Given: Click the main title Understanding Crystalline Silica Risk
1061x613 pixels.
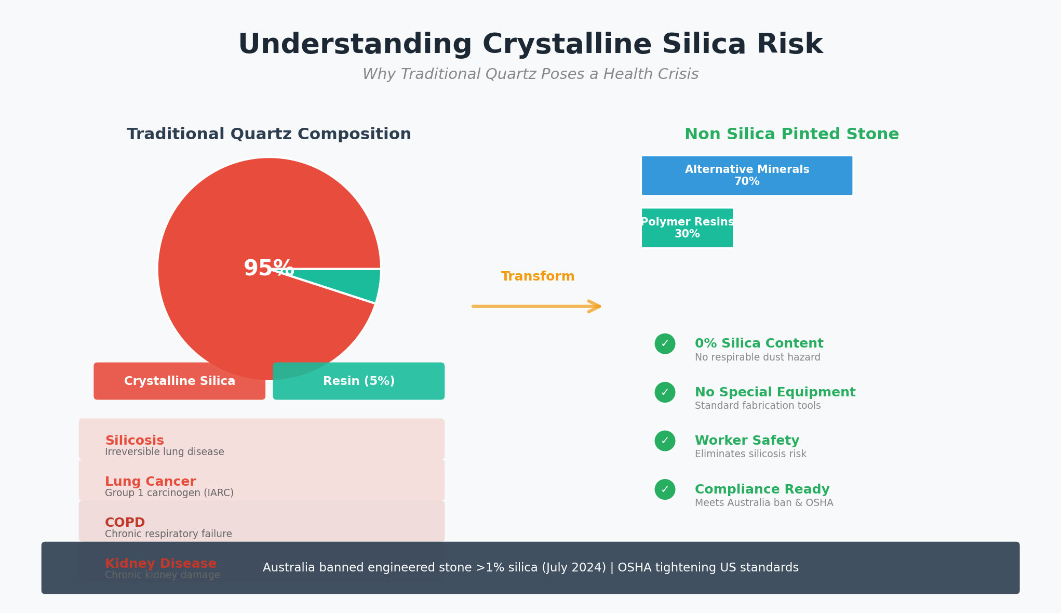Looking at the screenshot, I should tap(530, 45).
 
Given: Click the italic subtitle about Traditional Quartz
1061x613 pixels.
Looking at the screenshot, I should tap(530, 74).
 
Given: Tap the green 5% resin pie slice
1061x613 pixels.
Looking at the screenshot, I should tap(358, 283).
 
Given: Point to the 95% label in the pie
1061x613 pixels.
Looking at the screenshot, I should tap(268, 269).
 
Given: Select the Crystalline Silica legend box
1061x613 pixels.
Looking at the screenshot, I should tap(179, 381).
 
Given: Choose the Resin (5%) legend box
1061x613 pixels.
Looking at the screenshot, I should tap(358, 381).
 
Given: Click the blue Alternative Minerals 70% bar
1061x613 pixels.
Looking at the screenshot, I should tap(747, 176).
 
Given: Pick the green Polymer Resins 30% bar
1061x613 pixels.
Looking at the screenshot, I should tap(687, 228).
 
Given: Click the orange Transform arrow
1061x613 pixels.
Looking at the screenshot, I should tap(537, 306).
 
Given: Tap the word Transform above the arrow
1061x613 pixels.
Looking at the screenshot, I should tap(538, 276).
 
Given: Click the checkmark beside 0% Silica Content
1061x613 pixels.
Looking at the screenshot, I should tap(665, 344).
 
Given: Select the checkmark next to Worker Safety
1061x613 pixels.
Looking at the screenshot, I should tap(665, 441).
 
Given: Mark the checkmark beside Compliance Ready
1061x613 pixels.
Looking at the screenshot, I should tap(665, 489).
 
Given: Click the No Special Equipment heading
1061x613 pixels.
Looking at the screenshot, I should tap(775, 392).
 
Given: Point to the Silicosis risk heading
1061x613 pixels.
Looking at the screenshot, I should tap(135, 441).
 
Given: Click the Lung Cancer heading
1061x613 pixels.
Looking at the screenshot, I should tap(151, 482).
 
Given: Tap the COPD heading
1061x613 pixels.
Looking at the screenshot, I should tap(125, 523).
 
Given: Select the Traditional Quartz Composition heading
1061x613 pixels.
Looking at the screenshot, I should tap(268, 135).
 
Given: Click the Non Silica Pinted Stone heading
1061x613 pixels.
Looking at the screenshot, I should tap(791, 135).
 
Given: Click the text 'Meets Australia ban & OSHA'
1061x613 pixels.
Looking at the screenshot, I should tap(764, 503).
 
